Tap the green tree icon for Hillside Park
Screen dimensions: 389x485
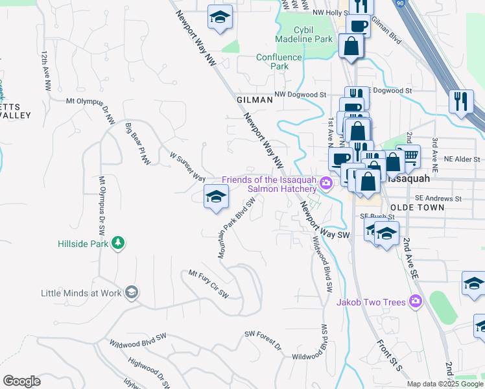pos(118,244)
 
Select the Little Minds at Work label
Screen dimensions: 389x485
pos(81,293)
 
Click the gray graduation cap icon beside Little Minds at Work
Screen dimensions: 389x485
pos(132,293)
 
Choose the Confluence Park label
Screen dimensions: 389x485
pos(279,62)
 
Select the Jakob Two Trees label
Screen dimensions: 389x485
pos(370,301)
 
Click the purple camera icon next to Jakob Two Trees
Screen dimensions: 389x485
pos(416,301)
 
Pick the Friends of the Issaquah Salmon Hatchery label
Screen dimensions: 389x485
pos(269,184)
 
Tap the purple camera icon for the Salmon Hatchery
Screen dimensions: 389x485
pos(326,184)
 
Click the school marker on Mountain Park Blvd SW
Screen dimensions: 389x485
pos(217,196)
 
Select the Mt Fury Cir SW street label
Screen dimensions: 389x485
pos(209,284)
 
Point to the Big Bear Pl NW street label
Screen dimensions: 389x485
pos(137,143)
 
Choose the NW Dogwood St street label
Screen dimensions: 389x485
pos(300,95)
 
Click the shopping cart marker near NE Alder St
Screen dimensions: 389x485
pos(409,156)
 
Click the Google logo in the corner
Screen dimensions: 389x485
pos(21,381)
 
